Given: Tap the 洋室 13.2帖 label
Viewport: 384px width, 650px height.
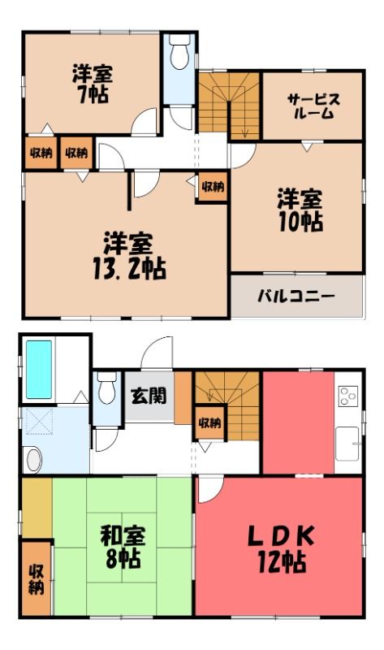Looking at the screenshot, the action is (x=129, y=256).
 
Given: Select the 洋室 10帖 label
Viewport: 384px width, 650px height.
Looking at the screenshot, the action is (x=300, y=210).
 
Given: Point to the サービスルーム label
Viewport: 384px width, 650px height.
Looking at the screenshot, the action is (x=313, y=106).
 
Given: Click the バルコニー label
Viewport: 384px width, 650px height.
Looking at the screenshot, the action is (x=296, y=297).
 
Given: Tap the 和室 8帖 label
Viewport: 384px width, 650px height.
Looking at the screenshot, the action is (x=123, y=546).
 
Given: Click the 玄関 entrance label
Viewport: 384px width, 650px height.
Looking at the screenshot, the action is (x=149, y=396).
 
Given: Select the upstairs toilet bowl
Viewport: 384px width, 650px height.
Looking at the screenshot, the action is (x=179, y=53).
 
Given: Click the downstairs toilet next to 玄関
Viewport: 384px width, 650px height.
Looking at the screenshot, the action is (x=107, y=388).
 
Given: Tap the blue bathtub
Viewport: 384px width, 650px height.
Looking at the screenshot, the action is (x=39, y=370).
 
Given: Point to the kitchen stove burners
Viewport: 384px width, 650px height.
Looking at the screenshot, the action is (x=348, y=396).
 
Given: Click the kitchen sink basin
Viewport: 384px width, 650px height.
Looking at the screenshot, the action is (x=347, y=444).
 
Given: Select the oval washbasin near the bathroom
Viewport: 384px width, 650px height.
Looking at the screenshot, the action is (x=33, y=460).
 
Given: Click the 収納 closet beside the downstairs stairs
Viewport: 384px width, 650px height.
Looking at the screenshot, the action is (x=209, y=422).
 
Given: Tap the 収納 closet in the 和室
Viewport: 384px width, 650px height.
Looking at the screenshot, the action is (x=36, y=578).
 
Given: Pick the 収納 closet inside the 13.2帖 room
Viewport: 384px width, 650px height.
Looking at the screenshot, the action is (x=213, y=187).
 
